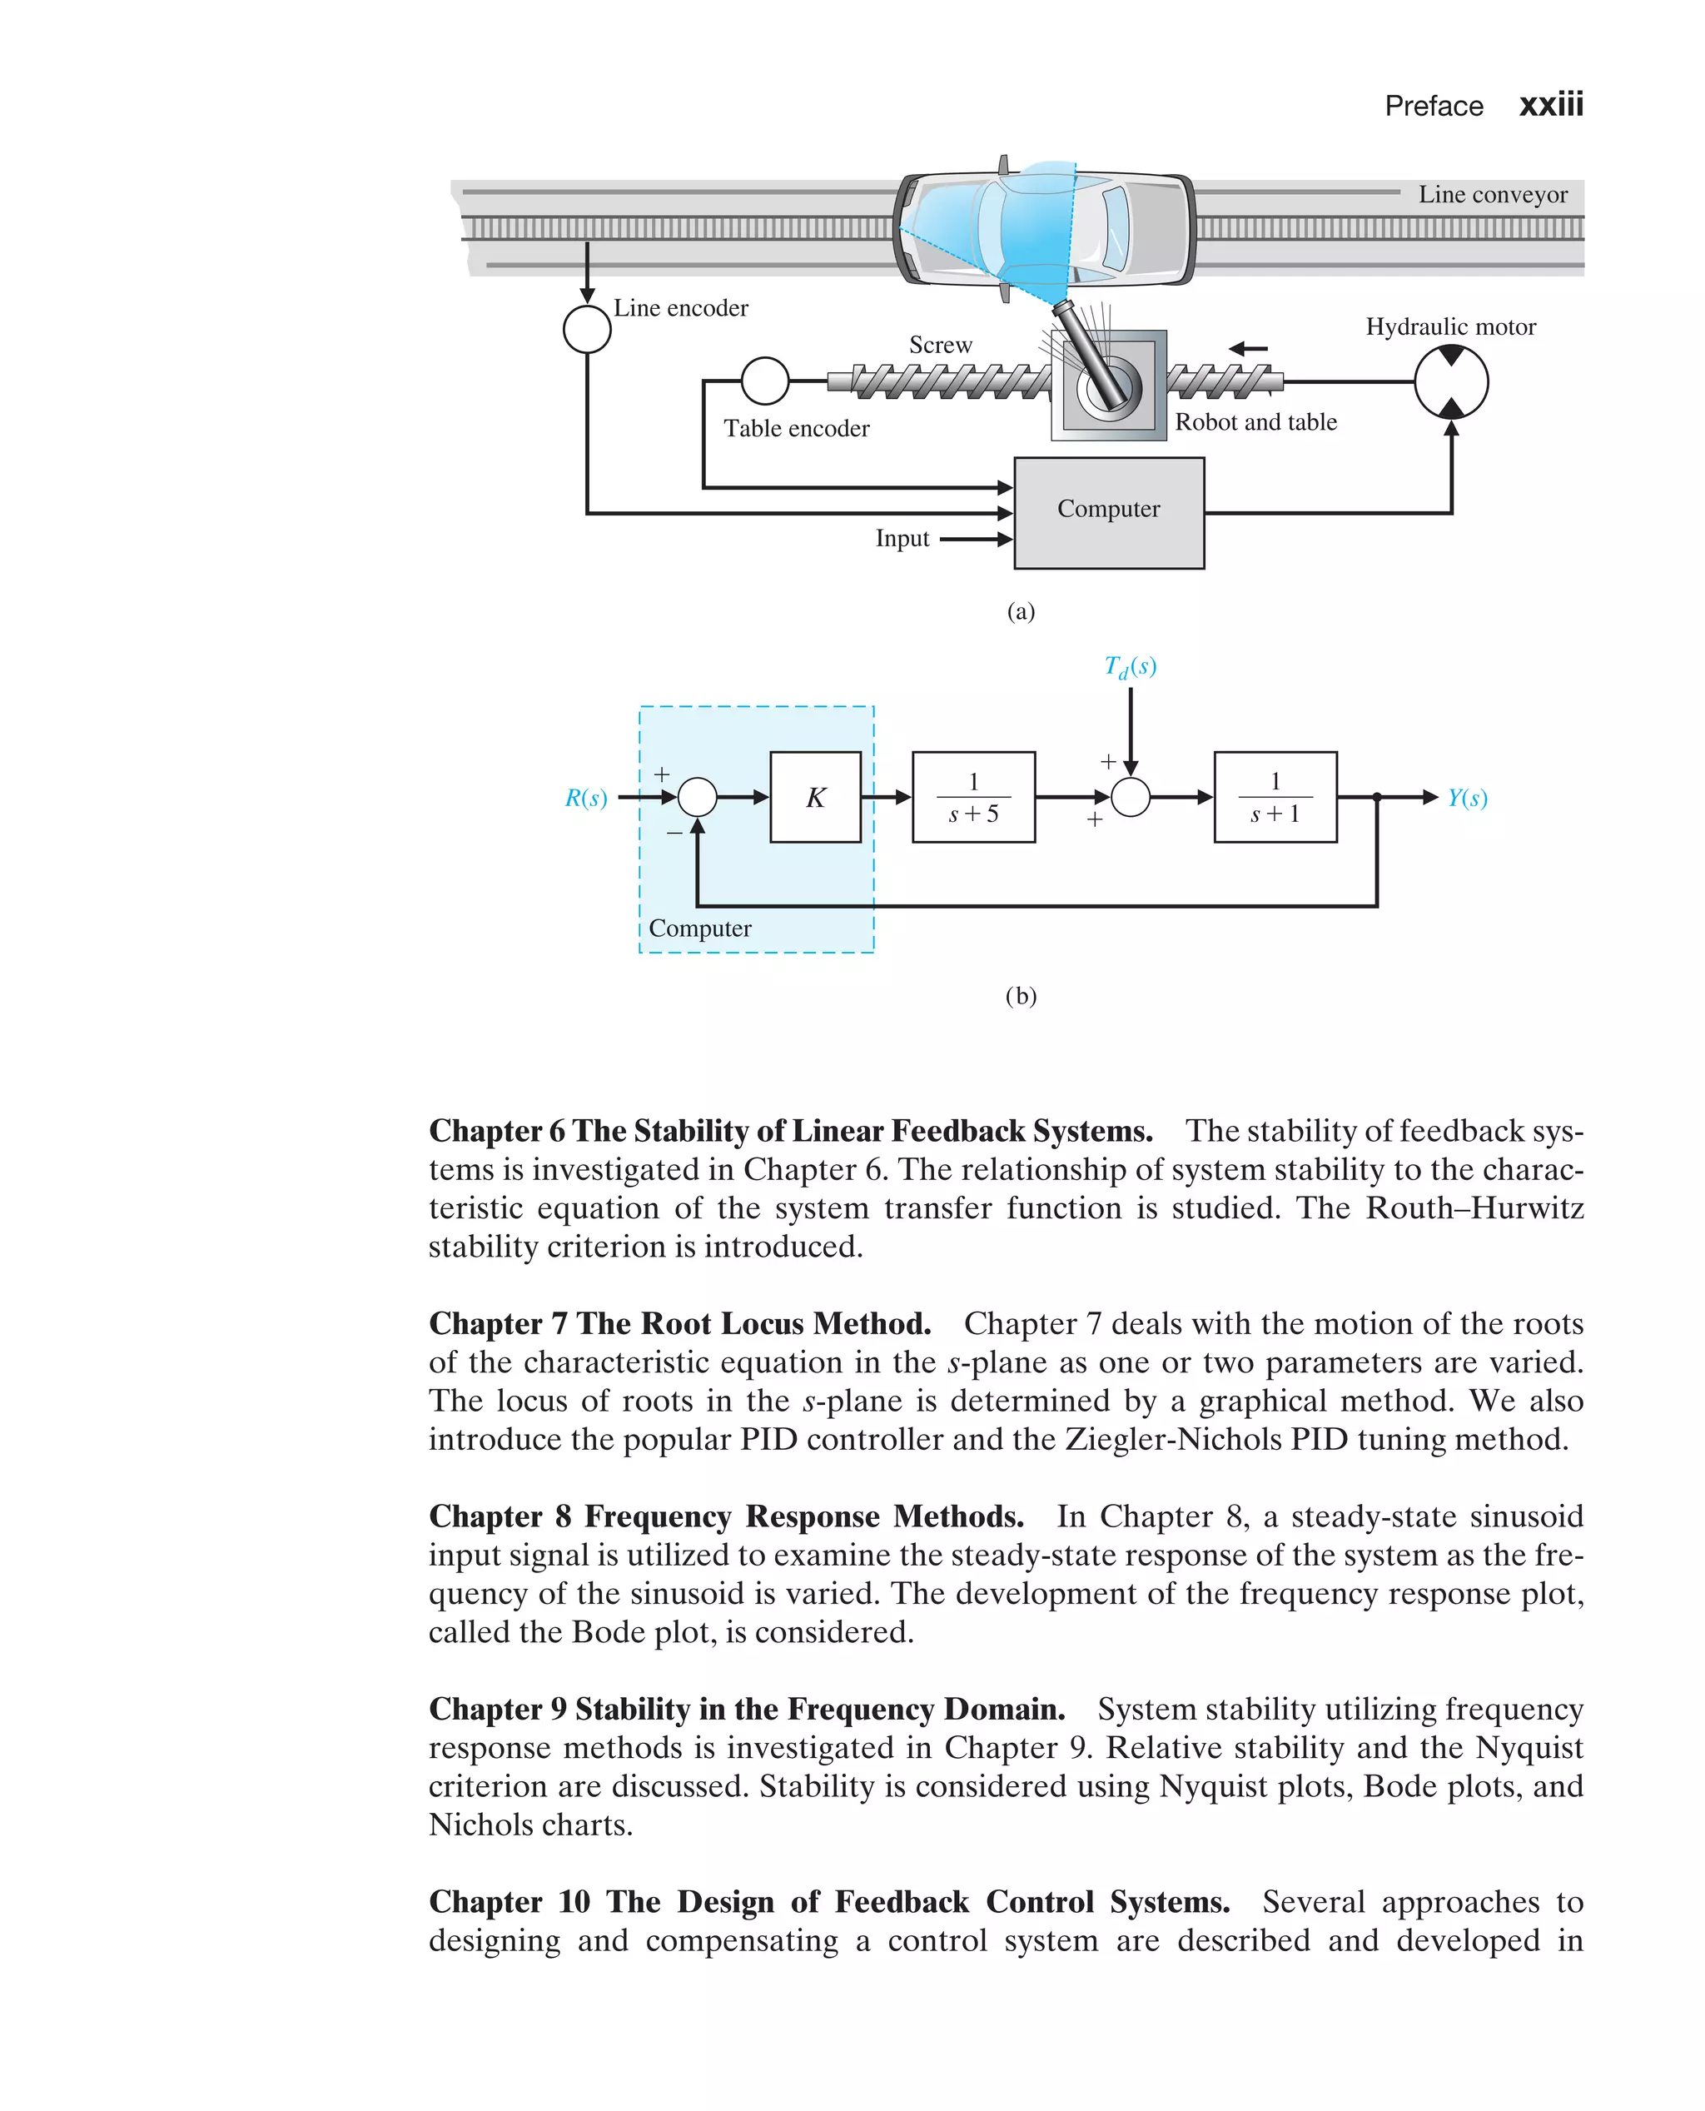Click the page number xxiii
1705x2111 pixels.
pos(1551,105)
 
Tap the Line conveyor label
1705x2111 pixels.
pos(1492,195)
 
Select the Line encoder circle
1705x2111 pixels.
pos(587,328)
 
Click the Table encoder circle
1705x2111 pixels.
pos(765,381)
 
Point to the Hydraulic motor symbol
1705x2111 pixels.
pos(1450,382)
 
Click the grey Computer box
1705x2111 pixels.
pos(1109,513)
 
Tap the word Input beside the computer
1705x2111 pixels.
pos(902,538)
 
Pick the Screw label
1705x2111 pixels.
pos(940,345)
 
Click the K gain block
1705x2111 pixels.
pos(815,797)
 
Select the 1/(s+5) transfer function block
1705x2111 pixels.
pos(973,797)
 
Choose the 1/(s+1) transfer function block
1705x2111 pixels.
pos(1275,797)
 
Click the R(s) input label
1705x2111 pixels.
pos(586,798)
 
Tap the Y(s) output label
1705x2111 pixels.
pos(1468,798)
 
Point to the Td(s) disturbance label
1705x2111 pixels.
pos(1131,667)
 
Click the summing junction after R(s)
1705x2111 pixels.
pos(698,797)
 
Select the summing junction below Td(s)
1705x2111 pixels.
pos(1131,797)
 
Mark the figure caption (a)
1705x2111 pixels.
pos(1021,611)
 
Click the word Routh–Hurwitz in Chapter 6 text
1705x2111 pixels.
pos(1474,1207)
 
